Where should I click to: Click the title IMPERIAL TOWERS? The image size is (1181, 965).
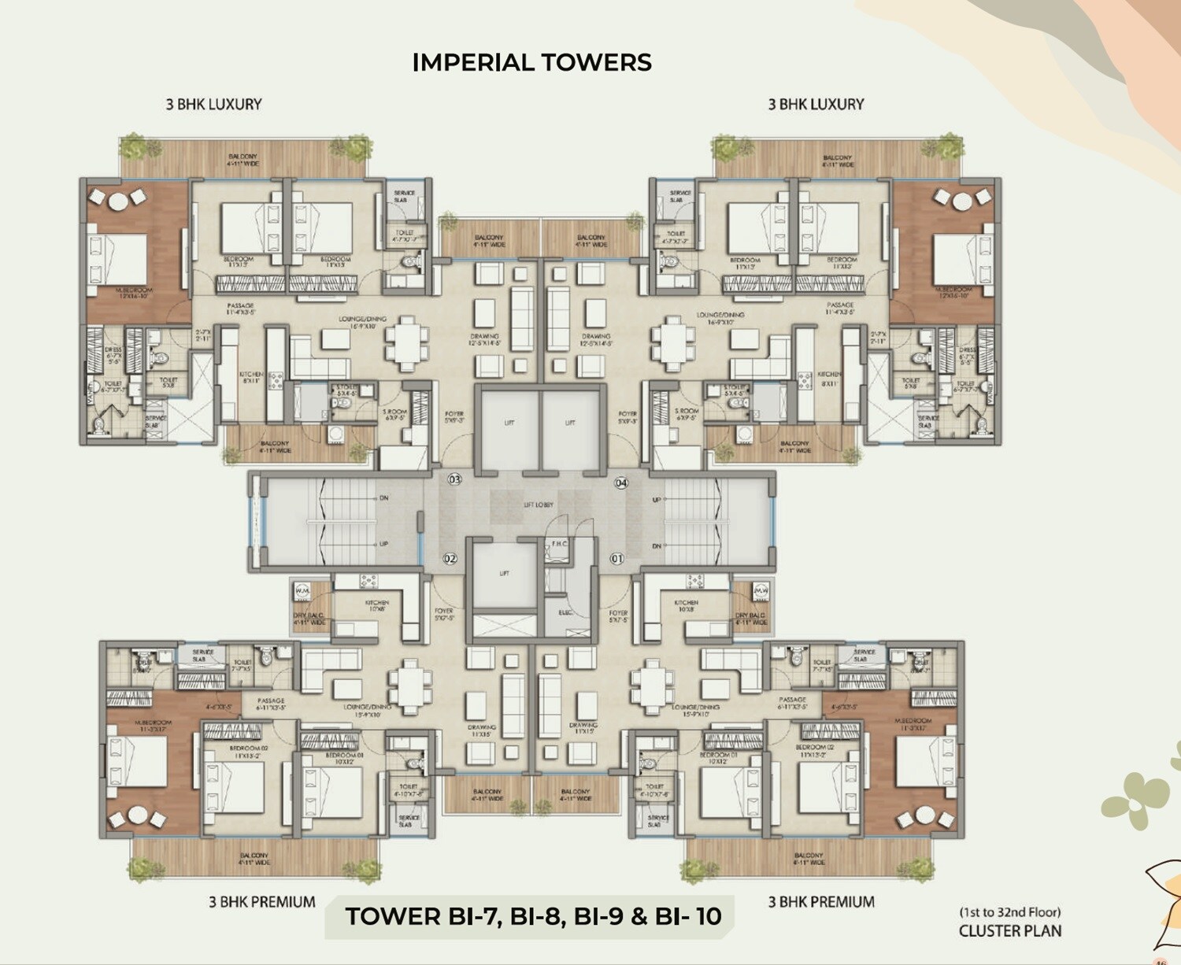coord(531,62)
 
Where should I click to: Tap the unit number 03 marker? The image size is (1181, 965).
coord(454,479)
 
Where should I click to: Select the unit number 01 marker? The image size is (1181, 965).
coord(616,559)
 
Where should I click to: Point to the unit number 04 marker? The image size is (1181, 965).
coord(621,482)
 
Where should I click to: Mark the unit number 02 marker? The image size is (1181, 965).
coord(450,559)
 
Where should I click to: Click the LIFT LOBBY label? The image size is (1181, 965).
coord(539,505)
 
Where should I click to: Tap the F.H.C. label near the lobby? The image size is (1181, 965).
coord(559,544)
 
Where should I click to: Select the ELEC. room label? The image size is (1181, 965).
coord(565,612)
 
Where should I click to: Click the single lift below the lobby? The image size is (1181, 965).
coord(504,579)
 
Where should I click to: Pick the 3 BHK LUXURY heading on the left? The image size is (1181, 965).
coord(213,104)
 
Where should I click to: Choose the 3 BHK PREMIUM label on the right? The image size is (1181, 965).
coord(821,902)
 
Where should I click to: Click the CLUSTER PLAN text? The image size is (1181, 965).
coord(1010,931)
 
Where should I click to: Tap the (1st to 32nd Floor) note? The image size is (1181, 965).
coord(1010,912)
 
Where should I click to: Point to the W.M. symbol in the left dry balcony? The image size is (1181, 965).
coord(302,590)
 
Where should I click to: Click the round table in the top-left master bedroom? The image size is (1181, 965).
coord(117,202)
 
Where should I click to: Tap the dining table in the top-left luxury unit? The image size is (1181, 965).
coord(407,343)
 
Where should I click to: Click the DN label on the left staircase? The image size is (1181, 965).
coord(383,498)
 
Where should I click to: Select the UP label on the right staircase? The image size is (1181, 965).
coord(657,500)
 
